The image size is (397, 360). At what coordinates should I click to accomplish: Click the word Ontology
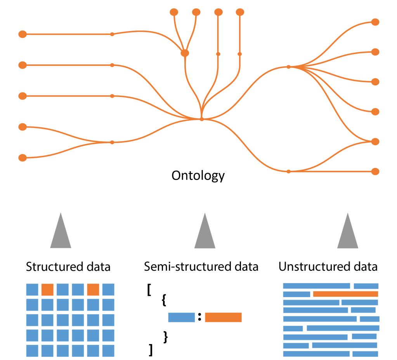click(198, 176)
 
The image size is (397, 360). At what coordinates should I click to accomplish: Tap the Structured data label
click(68, 267)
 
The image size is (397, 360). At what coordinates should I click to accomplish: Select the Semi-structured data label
click(201, 267)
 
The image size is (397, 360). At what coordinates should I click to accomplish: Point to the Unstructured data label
click(328, 267)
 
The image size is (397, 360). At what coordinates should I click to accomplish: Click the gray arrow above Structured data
click(61, 233)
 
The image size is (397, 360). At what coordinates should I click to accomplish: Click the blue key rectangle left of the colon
click(181, 317)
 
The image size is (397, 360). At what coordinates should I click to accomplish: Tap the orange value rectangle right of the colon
click(223, 317)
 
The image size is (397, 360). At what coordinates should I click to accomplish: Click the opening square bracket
click(149, 290)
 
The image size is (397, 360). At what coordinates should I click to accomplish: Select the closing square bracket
click(151, 350)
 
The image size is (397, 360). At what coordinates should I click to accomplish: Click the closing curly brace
click(166, 337)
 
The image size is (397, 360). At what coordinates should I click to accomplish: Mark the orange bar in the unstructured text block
click(345, 294)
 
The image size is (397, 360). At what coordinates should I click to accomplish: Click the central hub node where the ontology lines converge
click(202, 119)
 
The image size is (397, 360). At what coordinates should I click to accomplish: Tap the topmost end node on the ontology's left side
click(23, 34)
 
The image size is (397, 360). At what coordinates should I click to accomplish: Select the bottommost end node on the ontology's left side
click(23, 157)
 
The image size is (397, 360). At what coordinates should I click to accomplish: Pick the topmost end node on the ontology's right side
click(375, 22)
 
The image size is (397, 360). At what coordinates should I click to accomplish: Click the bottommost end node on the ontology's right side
click(375, 171)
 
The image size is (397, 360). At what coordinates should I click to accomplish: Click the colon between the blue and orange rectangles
click(199, 317)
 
